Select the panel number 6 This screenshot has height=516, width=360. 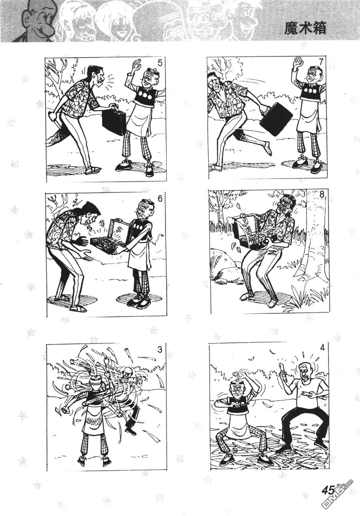159,199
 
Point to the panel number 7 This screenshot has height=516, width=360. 322,62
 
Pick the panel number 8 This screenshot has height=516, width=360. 322,195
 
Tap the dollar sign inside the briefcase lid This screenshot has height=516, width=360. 120,229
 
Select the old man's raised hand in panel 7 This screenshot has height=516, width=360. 299,63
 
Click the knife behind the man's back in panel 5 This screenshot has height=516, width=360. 55,122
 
